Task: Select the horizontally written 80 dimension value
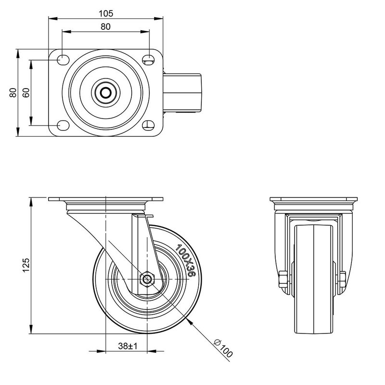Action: pos(106,27)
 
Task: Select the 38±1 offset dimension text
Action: pos(128,346)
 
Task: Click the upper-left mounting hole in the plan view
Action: pos(63,60)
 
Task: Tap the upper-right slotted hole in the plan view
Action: pos(149,60)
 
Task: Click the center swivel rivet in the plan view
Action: pos(106,92)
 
